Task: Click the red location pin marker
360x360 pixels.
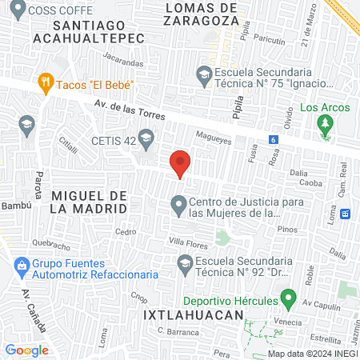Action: click(x=181, y=163)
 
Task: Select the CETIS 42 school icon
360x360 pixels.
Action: click(x=146, y=142)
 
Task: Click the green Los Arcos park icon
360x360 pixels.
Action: click(x=324, y=124)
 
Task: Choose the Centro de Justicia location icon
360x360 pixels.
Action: click(x=178, y=207)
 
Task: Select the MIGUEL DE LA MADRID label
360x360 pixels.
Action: click(x=89, y=202)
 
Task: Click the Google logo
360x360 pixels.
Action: click(x=26, y=350)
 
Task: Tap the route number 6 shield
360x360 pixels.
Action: click(x=274, y=139)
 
